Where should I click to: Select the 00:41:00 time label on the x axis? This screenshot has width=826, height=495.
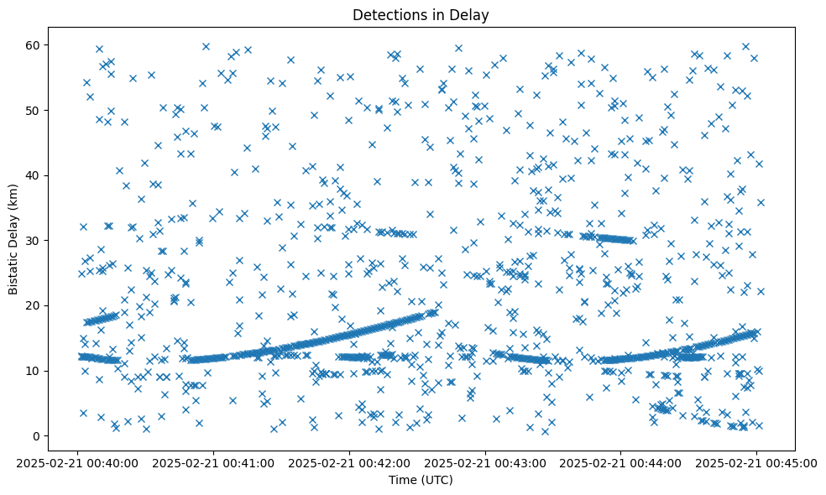click(x=213, y=462)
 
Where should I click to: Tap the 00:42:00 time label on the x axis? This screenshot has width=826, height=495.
click(x=349, y=462)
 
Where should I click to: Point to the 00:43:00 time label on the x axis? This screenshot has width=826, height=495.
click(x=485, y=462)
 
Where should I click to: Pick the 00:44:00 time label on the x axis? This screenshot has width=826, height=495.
click(x=621, y=462)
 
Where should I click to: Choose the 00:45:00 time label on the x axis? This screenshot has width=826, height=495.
click(x=757, y=462)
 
